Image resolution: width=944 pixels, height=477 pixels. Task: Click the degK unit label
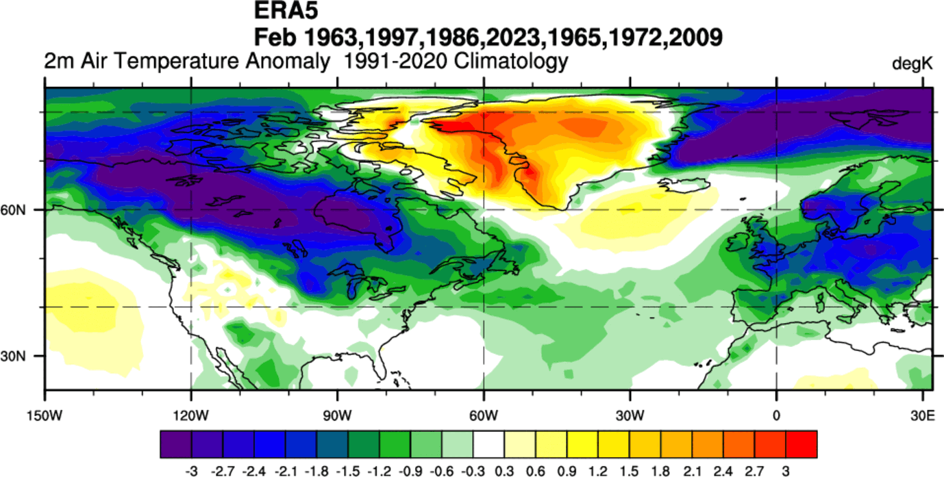coord(912,64)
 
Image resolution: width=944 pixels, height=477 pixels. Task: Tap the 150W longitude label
coord(45,415)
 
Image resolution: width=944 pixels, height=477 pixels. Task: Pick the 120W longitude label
coord(191,415)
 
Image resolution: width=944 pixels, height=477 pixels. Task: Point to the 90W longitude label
coord(337,415)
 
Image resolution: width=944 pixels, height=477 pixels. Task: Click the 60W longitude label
coord(484,415)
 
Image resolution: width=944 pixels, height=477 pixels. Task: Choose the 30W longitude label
coord(630,415)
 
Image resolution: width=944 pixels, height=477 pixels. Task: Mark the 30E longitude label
coord(921,415)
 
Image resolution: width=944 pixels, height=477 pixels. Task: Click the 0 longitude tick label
coord(776,415)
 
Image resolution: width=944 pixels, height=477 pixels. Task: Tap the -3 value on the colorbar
coord(189,470)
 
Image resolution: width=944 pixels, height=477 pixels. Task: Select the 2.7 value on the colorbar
coord(755,470)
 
